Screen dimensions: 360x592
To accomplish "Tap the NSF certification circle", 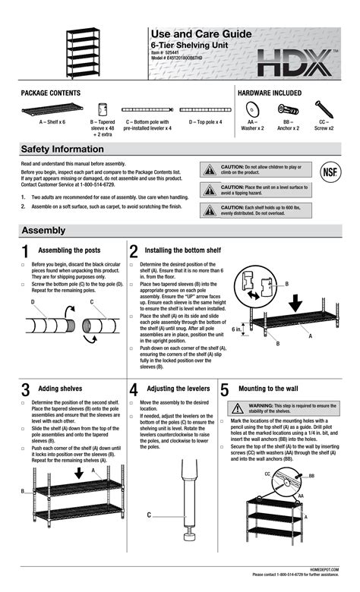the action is click(x=330, y=171).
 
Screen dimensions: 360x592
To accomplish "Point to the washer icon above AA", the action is click(x=252, y=109).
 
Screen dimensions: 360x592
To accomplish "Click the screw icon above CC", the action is click(x=322, y=109).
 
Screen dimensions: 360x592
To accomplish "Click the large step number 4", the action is click(x=134, y=390).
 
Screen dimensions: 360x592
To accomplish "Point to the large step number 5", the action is click(x=225, y=390).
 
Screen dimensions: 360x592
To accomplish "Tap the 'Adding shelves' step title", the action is click(x=60, y=389).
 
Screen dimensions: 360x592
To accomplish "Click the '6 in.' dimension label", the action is click(x=237, y=329).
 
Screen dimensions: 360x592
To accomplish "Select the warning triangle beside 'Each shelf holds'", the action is click(x=208, y=210).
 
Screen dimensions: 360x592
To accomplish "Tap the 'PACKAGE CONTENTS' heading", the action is click(x=51, y=93).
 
